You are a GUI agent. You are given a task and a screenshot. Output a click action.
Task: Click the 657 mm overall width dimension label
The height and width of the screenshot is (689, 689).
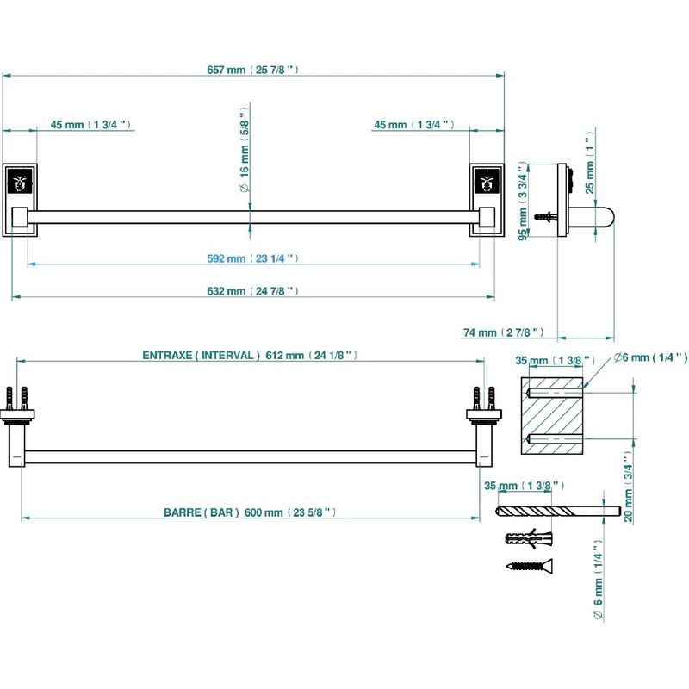coord(252,70)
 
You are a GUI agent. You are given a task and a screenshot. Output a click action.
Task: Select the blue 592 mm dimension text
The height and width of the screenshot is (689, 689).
coord(252,258)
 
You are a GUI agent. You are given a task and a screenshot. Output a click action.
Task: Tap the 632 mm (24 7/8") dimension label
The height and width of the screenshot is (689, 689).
coord(252,291)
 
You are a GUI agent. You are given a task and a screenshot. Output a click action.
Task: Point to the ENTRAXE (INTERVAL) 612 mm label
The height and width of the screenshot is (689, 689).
coord(250,355)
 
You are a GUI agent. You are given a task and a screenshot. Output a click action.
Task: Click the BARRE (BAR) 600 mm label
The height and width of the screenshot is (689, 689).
coord(250,512)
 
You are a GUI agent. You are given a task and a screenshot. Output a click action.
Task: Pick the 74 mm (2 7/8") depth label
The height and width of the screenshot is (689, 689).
coord(504,332)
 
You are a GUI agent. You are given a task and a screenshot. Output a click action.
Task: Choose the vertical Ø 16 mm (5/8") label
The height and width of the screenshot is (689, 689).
coord(245,149)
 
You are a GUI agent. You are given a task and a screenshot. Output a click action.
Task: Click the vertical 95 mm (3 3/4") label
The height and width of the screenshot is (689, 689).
coord(523,202)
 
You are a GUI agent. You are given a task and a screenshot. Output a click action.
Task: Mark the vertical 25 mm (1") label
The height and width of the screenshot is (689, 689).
coord(590,163)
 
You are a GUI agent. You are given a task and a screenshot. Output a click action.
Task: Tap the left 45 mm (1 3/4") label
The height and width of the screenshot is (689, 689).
coord(90,125)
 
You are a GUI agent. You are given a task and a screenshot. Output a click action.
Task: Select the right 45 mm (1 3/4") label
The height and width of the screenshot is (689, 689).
coord(414,125)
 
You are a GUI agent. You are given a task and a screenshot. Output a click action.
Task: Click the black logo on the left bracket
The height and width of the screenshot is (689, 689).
coord(20,182)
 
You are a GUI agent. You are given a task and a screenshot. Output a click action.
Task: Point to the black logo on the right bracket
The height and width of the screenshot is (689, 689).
coord(487,182)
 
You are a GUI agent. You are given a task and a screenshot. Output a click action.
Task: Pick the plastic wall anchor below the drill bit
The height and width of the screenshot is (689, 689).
coord(529,538)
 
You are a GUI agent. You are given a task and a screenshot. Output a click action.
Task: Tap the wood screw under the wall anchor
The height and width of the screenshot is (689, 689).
coord(530,565)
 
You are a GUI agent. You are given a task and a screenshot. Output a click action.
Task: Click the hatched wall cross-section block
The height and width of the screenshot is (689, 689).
coord(552,416)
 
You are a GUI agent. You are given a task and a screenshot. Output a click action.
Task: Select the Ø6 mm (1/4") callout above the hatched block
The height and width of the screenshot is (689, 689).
coord(650,357)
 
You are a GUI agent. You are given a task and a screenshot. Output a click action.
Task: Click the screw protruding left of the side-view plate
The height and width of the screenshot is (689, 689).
coord(546,217)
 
